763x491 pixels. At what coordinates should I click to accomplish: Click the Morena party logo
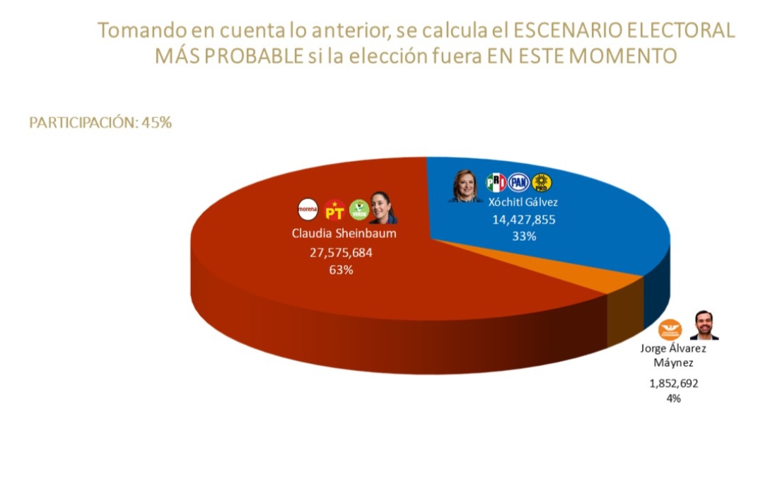point(308,209)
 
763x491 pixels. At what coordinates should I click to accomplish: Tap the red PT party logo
point(334,210)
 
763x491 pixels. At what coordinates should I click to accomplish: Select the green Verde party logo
point(359,210)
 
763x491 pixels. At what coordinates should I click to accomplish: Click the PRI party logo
point(496,183)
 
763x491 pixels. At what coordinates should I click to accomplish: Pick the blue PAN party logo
point(519,183)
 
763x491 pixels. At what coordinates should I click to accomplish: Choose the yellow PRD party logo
point(542,183)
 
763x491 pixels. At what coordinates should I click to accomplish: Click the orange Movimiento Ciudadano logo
point(669,329)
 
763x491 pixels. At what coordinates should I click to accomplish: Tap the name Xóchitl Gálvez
point(524,202)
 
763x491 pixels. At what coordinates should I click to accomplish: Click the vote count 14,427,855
point(524,220)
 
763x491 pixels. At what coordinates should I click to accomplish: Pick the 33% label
point(524,237)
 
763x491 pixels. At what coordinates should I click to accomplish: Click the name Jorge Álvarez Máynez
point(673,355)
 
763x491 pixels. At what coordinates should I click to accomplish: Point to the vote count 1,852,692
point(673,384)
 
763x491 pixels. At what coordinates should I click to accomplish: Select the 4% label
point(673,398)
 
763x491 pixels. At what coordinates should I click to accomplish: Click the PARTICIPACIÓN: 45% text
point(100,122)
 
